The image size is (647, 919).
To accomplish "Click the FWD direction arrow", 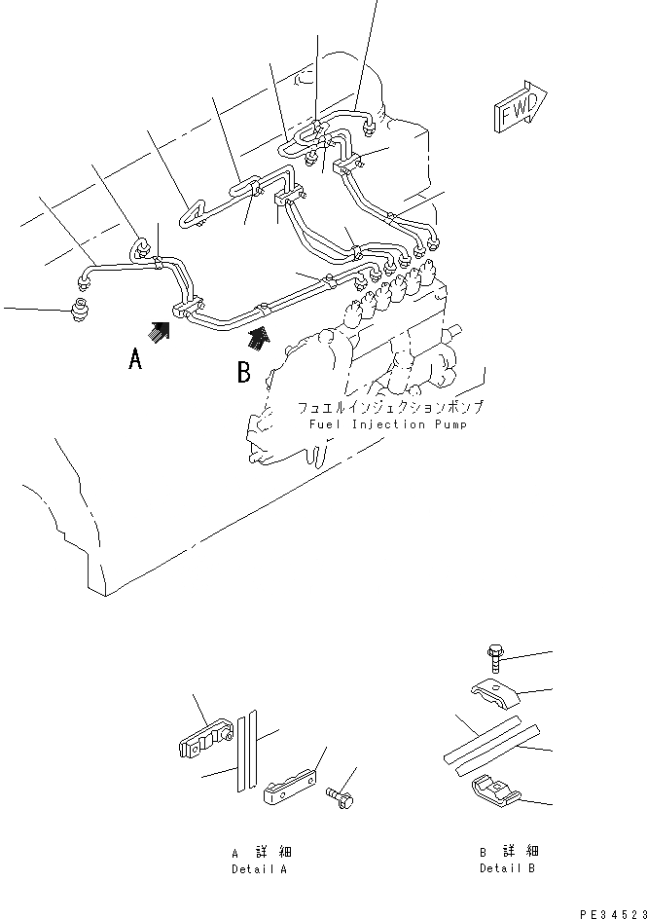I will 520,106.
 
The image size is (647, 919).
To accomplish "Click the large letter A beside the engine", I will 136,360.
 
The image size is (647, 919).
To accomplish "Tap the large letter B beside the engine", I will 244,371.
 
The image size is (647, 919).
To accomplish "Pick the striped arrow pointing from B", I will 258,337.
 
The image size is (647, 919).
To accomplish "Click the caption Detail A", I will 259,868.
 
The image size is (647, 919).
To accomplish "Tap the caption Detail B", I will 507,868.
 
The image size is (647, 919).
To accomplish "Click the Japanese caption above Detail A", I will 259,852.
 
